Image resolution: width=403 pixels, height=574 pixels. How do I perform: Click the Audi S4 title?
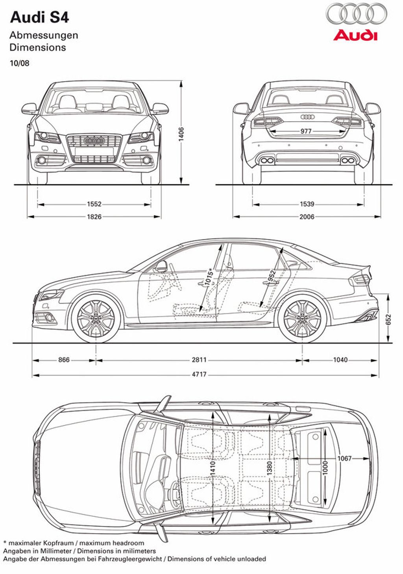(39, 18)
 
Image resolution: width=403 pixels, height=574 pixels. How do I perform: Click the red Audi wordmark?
(355, 35)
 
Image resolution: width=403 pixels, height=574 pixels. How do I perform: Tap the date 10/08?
(20, 63)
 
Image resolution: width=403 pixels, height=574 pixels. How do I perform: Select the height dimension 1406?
(181, 134)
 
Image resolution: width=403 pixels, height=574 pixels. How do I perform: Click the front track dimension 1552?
(94, 204)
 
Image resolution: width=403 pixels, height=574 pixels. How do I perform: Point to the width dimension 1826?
(94, 217)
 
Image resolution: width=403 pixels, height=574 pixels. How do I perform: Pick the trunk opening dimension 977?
(306, 131)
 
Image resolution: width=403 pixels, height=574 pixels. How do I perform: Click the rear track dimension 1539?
(307, 204)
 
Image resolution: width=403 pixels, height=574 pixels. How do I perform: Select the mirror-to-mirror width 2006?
(307, 217)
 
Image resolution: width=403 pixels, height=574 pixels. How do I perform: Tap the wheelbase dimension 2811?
(199, 360)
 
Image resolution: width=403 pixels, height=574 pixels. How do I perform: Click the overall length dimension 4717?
(199, 375)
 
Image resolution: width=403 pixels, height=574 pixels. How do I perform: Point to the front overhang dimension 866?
(64, 360)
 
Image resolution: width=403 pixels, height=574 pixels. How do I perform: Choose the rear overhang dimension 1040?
(340, 360)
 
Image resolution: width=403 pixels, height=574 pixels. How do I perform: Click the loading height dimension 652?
(388, 320)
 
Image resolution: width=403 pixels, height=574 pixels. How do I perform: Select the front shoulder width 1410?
(213, 468)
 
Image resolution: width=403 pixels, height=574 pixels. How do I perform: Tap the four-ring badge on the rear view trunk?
(307, 117)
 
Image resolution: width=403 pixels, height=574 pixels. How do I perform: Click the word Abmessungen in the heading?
(44, 36)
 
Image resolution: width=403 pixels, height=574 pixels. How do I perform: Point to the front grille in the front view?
(94, 148)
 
